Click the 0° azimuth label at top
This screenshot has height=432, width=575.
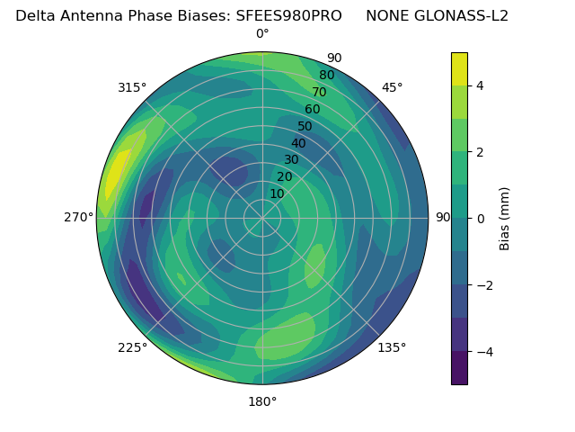(262, 34)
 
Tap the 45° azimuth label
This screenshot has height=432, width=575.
(392, 87)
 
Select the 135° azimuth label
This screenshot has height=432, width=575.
(392, 347)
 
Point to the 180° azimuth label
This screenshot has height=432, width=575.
(262, 401)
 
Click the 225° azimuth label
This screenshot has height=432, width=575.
(132, 347)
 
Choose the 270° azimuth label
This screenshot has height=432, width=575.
(79, 218)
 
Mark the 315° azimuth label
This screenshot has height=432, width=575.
(132, 87)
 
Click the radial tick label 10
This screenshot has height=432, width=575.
(277, 193)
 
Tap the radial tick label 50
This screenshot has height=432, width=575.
(305, 126)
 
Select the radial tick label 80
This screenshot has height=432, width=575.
(326, 76)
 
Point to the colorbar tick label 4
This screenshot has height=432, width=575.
(481, 85)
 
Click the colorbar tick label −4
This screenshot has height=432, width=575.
(483, 352)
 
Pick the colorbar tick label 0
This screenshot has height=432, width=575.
(481, 219)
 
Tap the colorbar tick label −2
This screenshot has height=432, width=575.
(483, 285)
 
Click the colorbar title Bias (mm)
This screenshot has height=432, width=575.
(505, 219)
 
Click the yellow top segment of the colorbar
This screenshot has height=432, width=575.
(459, 68)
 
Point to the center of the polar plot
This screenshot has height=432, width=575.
(262, 218)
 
